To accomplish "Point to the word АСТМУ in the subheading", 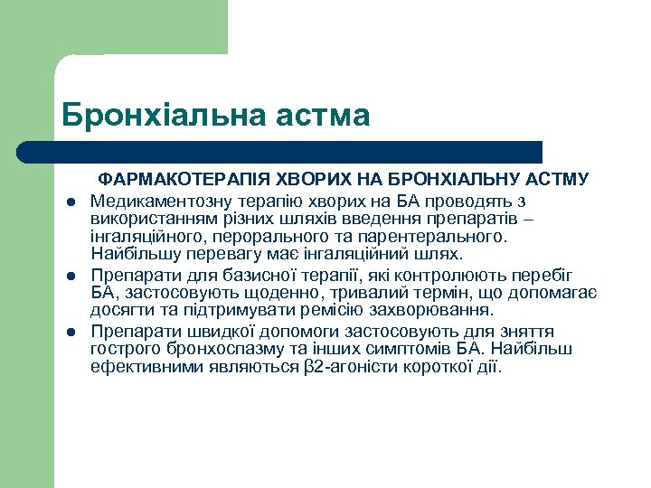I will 558,181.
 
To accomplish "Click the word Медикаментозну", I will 165,200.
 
